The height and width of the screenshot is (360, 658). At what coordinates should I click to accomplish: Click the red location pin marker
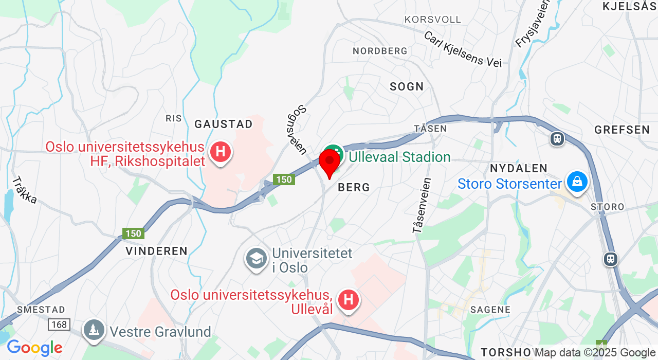pos(330,161)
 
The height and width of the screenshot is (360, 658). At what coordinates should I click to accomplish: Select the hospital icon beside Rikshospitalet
pos(221,152)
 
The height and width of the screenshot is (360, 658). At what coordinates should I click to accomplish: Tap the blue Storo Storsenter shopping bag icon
pos(577,182)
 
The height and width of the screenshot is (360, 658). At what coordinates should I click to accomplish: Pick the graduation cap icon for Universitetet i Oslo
pos(255,259)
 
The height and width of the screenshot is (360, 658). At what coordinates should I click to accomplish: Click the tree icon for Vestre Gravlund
pos(94,330)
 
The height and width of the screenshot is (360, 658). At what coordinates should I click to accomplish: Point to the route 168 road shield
pos(59,325)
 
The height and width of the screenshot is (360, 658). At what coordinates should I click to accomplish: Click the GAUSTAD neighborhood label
pos(224,124)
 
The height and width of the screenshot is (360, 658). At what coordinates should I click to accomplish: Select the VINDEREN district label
pos(157,251)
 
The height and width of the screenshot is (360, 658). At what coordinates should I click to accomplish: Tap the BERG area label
pos(354,188)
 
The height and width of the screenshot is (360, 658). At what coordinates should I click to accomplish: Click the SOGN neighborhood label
pos(407,86)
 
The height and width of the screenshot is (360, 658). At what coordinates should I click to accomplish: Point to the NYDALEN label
pos(519,168)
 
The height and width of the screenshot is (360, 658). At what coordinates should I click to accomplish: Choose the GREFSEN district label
pos(622,130)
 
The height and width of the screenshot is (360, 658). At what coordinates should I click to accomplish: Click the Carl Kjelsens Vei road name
pos(462,49)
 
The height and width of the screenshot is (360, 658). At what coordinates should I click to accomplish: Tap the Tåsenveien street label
pos(421,206)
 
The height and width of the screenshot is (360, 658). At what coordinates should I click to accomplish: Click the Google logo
pos(34,348)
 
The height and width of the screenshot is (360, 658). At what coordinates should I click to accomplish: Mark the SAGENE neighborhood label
pos(490,310)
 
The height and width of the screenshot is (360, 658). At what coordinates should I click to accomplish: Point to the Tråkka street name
pos(24,190)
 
